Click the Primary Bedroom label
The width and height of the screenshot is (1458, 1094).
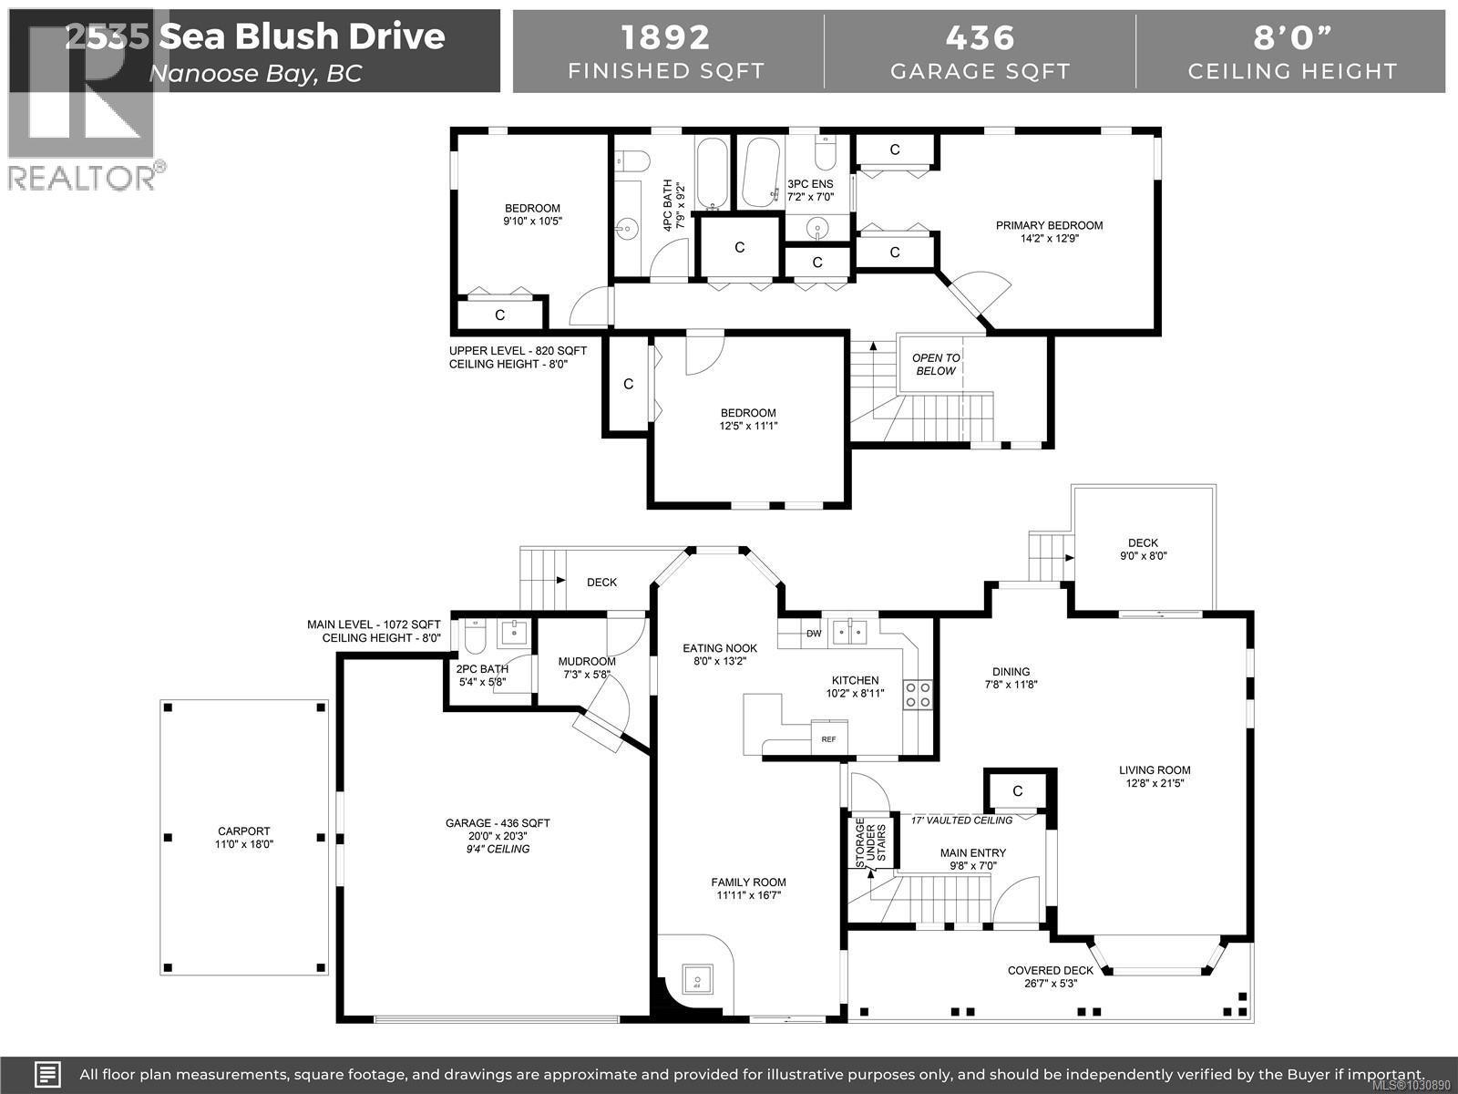[1049, 225]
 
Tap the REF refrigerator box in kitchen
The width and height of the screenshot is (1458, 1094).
[829, 738]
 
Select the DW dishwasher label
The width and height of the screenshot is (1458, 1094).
[814, 634]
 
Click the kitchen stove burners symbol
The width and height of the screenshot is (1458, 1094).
[918, 695]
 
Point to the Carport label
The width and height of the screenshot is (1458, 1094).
[244, 831]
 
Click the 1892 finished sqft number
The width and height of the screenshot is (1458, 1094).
[665, 37]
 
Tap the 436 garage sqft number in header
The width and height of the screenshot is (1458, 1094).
[980, 37]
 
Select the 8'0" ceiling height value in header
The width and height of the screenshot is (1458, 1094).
[1292, 37]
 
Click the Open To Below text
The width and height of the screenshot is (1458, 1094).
[936, 364]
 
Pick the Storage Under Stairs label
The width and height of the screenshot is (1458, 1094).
[872, 843]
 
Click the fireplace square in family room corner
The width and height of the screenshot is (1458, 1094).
[697, 981]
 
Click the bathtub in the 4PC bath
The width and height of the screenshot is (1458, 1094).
[711, 173]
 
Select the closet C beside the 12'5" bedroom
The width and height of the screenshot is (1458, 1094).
[628, 384]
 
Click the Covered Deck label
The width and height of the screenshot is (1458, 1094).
[1050, 971]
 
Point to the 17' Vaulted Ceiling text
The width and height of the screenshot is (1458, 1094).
[961, 820]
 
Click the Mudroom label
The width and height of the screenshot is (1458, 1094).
[587, 662]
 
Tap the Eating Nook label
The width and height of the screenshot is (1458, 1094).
[720, 648]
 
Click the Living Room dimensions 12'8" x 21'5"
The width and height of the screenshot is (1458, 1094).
[1155, 783]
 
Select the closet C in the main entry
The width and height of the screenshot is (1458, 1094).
[1018, 790]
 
